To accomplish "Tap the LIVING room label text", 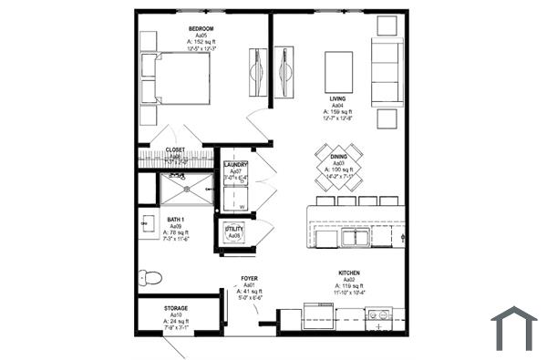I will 337,98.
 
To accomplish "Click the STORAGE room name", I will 176,308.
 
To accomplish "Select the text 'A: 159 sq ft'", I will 337,111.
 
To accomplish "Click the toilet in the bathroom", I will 150,276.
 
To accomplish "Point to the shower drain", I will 187,190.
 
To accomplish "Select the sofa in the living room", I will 387,73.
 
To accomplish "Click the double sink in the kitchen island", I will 356,239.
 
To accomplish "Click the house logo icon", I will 514,328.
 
